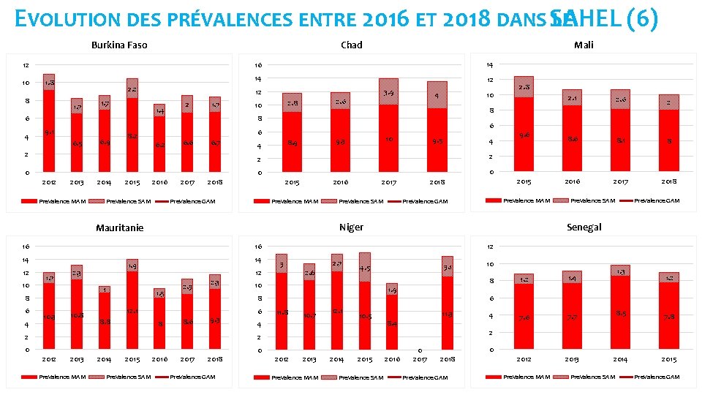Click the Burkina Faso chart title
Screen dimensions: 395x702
(119, 45)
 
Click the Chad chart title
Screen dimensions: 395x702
(351, 45)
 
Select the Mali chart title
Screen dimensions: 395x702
(584, 45)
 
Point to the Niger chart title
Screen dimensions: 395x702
(351, 227)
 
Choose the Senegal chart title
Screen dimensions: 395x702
(584, 227)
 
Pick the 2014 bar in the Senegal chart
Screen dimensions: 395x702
(620, 307)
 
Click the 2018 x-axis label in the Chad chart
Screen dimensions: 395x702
(437, 182)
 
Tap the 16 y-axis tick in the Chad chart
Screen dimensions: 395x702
(257, 65)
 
